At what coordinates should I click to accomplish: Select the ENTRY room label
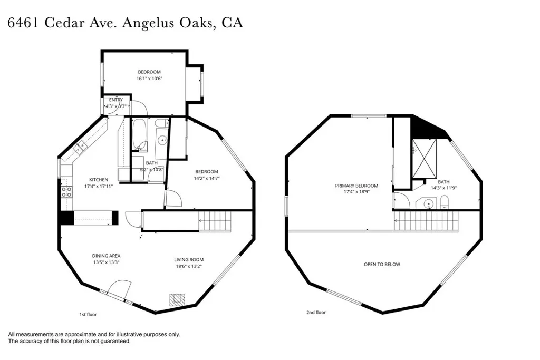(116, 100)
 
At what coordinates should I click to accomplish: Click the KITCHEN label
(98, 180)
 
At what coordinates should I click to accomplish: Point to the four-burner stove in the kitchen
(67, 191)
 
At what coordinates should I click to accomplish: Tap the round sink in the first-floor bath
(163, 140)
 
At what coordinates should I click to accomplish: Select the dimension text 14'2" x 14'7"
(206, 179)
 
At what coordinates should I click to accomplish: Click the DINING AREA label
(107, 256)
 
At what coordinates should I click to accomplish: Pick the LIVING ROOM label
(189, 259)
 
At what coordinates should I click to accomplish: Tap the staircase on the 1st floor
(215, 221)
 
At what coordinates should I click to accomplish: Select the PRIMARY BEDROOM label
(357, 186)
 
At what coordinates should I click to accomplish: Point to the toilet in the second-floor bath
(445, 201)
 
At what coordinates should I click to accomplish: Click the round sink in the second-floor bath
(429, 203)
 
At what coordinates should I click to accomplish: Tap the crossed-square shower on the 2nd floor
(425, 159)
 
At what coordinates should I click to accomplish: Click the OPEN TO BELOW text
(382, 264)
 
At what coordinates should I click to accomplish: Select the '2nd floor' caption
(316, 313)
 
